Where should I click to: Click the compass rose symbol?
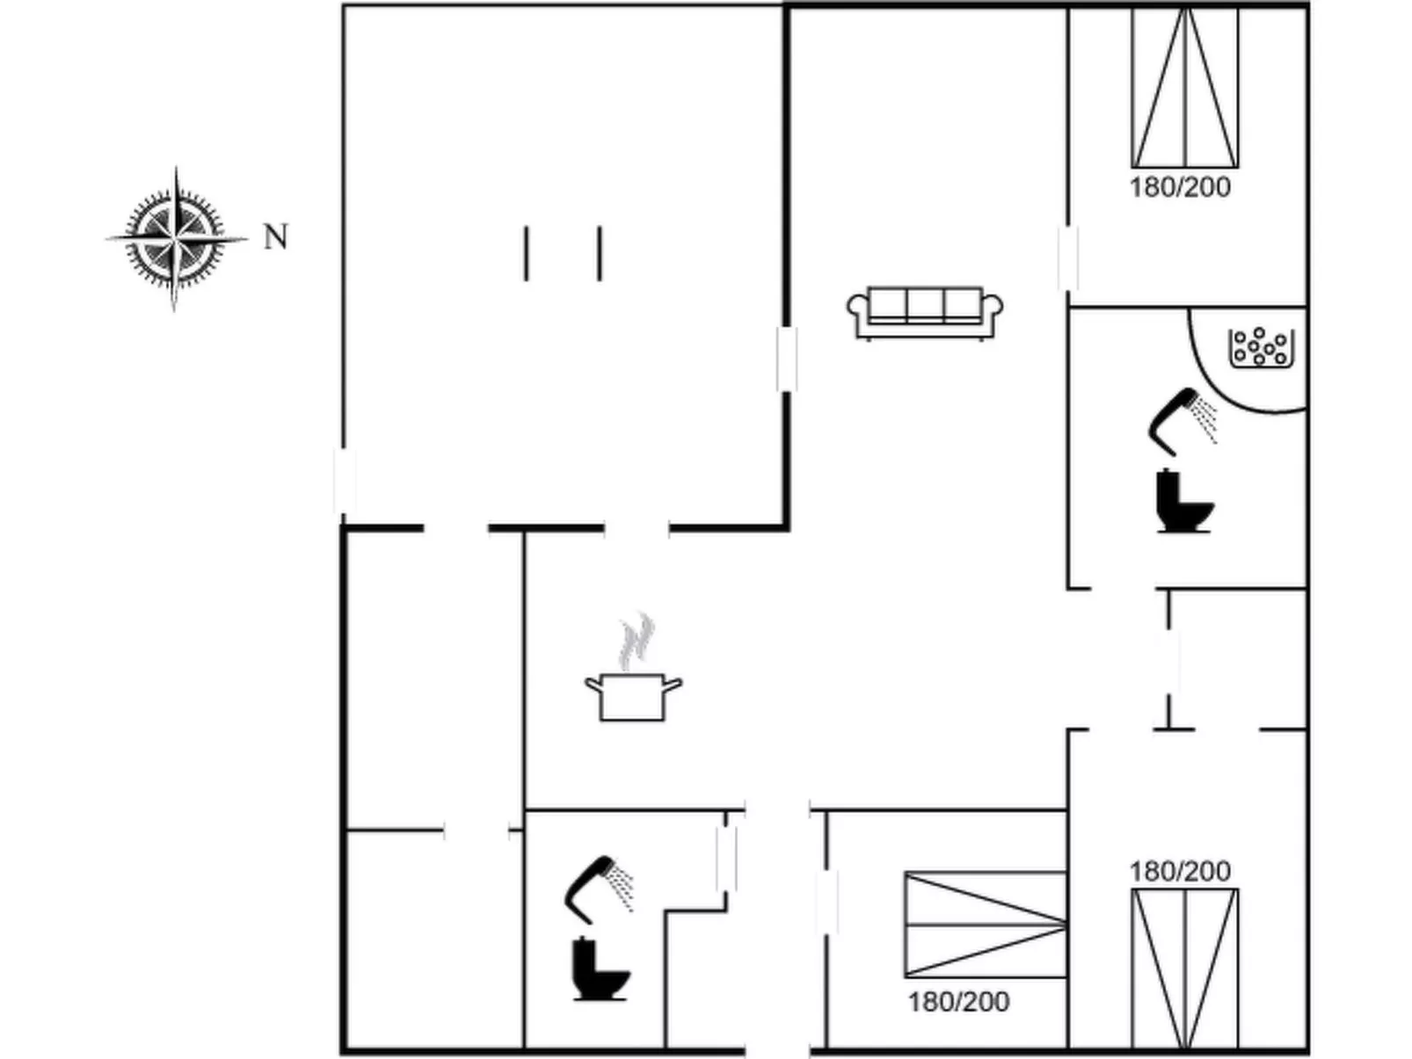[x=176, y=238]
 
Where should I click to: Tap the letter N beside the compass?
[x=276, y=236]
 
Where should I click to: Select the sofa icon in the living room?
[x=924, y=313]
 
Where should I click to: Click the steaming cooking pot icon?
[x=634, y=667]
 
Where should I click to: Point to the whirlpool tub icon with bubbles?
[x=1261, y=348]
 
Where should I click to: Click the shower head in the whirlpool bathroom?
[x=1183, y=421]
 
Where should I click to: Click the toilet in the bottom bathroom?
[x=600, y=969]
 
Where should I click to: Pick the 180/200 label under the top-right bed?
[x=1180, y=187]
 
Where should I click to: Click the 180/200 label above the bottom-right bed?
[x=1180, y=872]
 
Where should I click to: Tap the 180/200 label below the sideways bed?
[x=958, y=1002]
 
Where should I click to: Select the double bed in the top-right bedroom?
[x=1185, y=88]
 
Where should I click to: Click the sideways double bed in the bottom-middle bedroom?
[x=986, y=925]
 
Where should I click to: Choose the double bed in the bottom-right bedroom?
[x=1185, y=968]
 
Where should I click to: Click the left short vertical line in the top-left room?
[x=527, y=253]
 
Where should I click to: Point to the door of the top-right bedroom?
[x=1068, y=257]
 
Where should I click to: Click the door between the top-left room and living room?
[x=786, y=359]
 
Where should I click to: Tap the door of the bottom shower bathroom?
[x=727, y=859]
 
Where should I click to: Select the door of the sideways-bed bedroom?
[x=827, y=902]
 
